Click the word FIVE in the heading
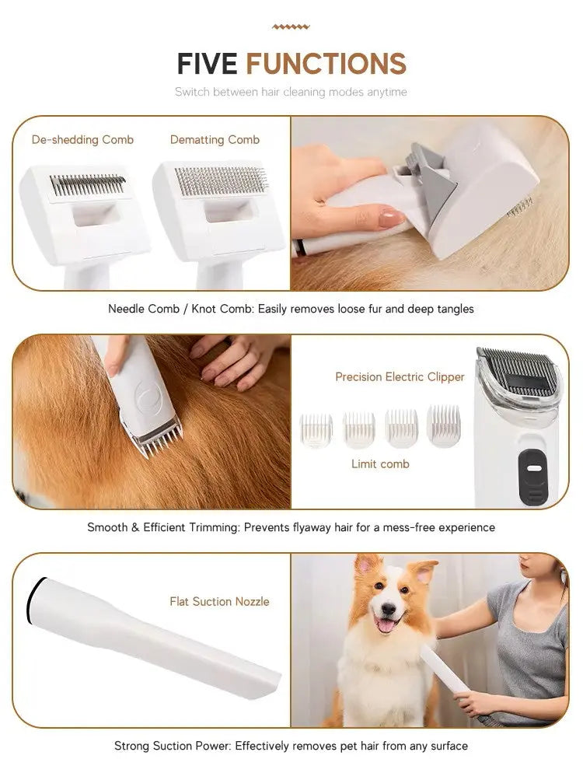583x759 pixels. [x=208, y=64]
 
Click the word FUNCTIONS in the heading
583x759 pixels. [x=326, y=64]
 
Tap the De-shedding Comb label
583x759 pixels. [x=82, y=140]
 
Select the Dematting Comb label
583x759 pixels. [x=215, y=140]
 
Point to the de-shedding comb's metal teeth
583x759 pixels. [x=87, y=185]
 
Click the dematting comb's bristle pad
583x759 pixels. [x=221, y=181]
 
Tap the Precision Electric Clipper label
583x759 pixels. [x=400, y=377]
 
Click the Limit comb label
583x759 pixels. [x=379, y=464]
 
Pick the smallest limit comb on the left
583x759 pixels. [x=316, y=430]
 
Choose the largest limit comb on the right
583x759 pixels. [x=443, y=426]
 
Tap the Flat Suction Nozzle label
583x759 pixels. [x=219, y=601]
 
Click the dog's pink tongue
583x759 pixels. [x=385, y=624]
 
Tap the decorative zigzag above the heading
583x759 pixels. [x=291, y=27]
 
